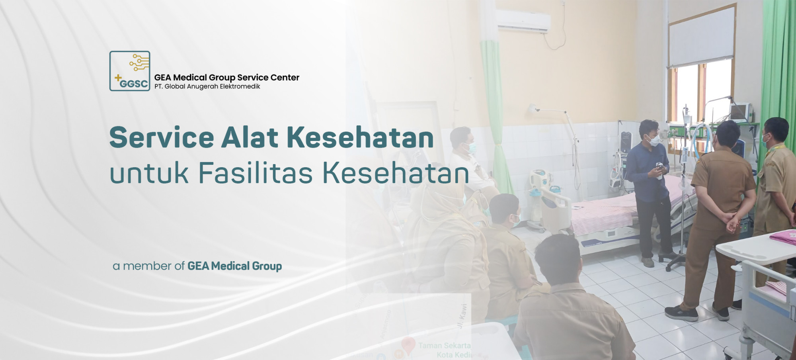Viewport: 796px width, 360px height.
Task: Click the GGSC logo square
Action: [x=130, y=71]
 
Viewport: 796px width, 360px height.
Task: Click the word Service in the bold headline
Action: [x=162, y=138]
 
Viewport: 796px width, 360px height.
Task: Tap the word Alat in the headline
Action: [x=250, y=138]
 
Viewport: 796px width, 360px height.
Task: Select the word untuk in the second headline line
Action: [x=149, y=174]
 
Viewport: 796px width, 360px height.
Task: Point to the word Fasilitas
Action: [x=255, y=174]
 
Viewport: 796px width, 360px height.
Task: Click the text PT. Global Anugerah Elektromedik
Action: [x=207, y=86]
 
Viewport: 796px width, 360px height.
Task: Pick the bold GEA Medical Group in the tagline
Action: [x=234, y=266]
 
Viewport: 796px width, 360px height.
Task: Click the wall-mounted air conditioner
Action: [x=524, y=21]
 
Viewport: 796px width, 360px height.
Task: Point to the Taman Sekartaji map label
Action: [x=444, y=346]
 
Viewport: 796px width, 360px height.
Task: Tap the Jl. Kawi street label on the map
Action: [x=462, y=317]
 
